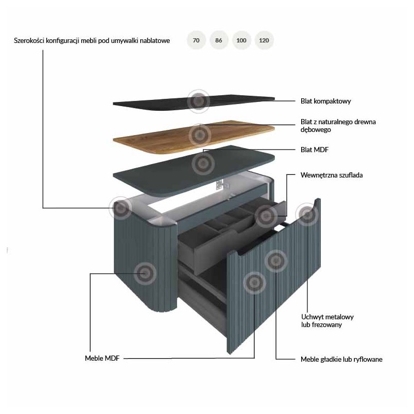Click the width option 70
(x=196, y=40)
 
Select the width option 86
(x=218, y=40)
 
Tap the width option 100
(x=241, y=40)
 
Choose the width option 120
(x=264, y=40)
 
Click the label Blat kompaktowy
(x=326, y=101)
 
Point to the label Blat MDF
(x=315, y=150)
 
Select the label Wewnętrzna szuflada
(x=331, y=175)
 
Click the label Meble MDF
(x=102, y=358)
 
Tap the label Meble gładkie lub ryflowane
(x=342, y=359)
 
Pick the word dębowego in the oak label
(x=316, y=130)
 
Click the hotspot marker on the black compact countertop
(x=199, y=101)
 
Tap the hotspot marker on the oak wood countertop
(x=200, y=135)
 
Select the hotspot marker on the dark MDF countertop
(x=203, y=164)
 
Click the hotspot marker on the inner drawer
(x=266, y=216)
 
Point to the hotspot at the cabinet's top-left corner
(x=121, y=208)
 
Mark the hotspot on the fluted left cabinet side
(x=145, y=274)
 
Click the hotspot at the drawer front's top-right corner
(x=307, y=214)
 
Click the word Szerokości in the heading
(x=29, y=41)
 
